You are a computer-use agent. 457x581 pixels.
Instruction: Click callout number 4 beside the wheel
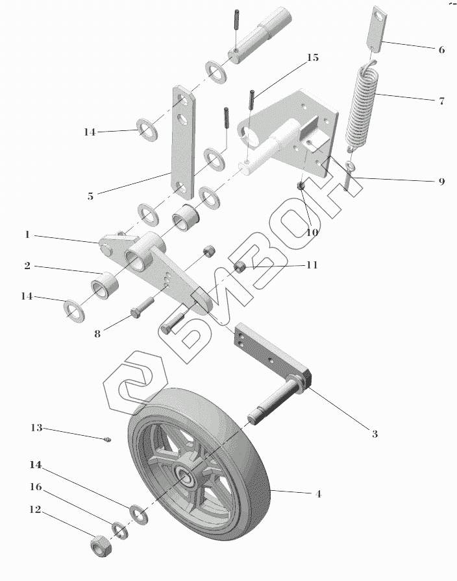point(318,494)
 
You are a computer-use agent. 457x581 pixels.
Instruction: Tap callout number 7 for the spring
point(441,101)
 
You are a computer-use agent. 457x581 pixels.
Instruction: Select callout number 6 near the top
point(441,49)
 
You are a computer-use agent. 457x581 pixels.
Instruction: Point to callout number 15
point(312,58)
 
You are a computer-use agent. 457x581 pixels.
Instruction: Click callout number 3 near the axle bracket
point(375,434)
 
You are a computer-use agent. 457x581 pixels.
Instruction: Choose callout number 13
point(36,428)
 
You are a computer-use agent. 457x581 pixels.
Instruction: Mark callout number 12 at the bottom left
point(36,510)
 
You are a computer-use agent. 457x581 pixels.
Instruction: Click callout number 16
point(36,486)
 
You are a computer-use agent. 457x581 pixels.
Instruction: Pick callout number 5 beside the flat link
point(90,196)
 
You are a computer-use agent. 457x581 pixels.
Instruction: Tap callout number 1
point(27,235)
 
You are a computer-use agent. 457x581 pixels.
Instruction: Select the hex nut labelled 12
point(99,547)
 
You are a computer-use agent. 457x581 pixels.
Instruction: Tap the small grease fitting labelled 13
point(108,441)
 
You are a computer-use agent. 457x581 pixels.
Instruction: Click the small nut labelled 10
point(301,187)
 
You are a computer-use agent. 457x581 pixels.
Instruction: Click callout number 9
point(441,182)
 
